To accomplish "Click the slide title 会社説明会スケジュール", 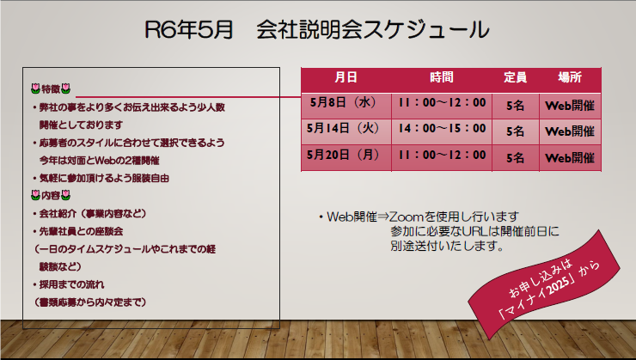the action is (x=372, y=29).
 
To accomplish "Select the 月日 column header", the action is (x=346, y=77).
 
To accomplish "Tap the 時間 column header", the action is (x=441, y=77).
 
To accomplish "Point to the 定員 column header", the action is (x=515, y=77).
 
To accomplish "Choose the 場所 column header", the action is (x=570, y=77).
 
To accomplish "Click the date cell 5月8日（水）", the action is (x=344, y=102).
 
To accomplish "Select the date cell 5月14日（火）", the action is (x=344, y=128).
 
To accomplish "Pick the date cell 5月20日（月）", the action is (x=344, y=155).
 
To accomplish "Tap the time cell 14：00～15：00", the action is (x=442, y=128).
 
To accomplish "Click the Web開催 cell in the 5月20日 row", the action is (x=570, y=158).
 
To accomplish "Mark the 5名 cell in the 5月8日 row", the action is (x=515, y=106).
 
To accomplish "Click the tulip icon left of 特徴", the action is (x=36, y=88).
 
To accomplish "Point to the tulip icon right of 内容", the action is (x=65, y=195).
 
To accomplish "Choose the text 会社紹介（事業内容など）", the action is (x=93, y=213).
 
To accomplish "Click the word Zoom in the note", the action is (x=406, y=217).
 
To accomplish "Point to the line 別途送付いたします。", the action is (x=447, y=246).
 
